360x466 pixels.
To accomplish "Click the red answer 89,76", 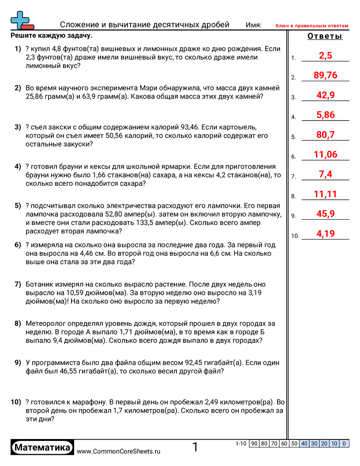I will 325,75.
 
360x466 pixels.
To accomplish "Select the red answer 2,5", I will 325,56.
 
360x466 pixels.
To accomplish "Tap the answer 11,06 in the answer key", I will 325,154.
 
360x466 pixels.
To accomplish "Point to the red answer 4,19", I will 326,233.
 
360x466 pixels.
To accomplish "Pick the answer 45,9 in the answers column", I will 326,214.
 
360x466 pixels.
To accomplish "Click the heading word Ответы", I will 325,37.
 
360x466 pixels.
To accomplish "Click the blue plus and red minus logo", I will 22,20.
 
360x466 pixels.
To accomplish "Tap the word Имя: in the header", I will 253,25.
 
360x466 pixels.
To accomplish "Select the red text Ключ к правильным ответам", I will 312,26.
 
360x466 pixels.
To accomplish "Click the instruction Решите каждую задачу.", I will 52,35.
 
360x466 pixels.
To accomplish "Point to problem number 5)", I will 18,206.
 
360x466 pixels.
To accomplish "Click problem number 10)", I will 16,402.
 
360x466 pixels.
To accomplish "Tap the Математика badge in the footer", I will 42,448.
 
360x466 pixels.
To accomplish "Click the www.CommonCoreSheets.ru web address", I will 119,451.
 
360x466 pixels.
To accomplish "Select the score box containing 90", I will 254,443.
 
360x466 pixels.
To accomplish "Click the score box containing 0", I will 344,443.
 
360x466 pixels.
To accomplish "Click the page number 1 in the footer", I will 195,447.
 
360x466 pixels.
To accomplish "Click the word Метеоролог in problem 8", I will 46,323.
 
